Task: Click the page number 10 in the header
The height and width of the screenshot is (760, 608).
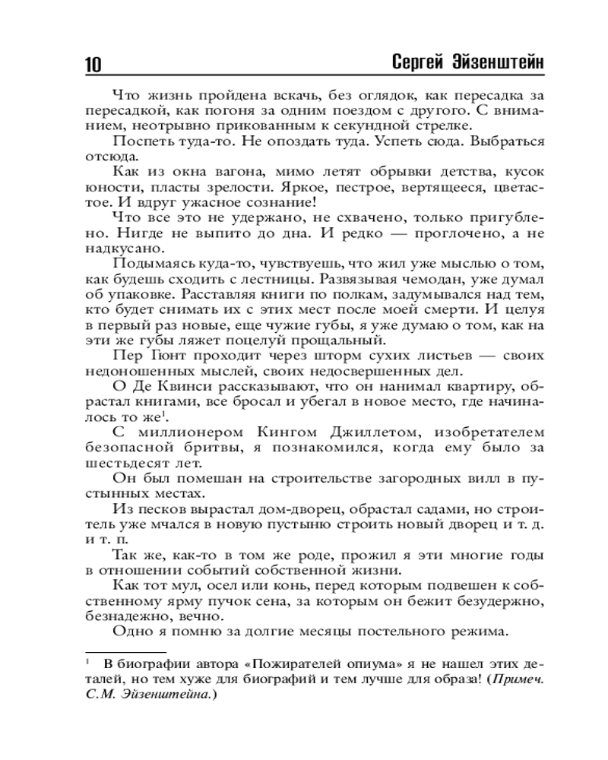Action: pyautogui.click(x=89, y=64)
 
